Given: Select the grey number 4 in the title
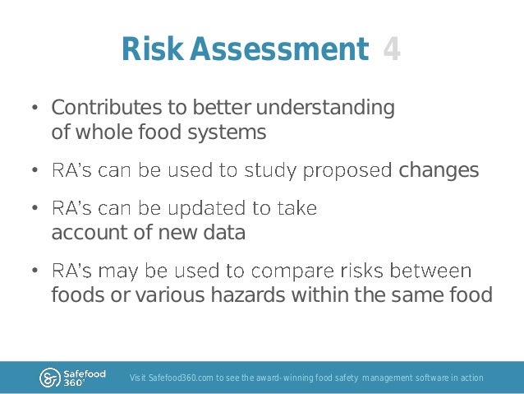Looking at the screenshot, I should point(392,50).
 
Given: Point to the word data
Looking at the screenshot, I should point(224,233).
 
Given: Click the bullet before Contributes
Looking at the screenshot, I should point(35,109).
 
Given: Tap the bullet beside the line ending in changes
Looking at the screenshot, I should point(35,171).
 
